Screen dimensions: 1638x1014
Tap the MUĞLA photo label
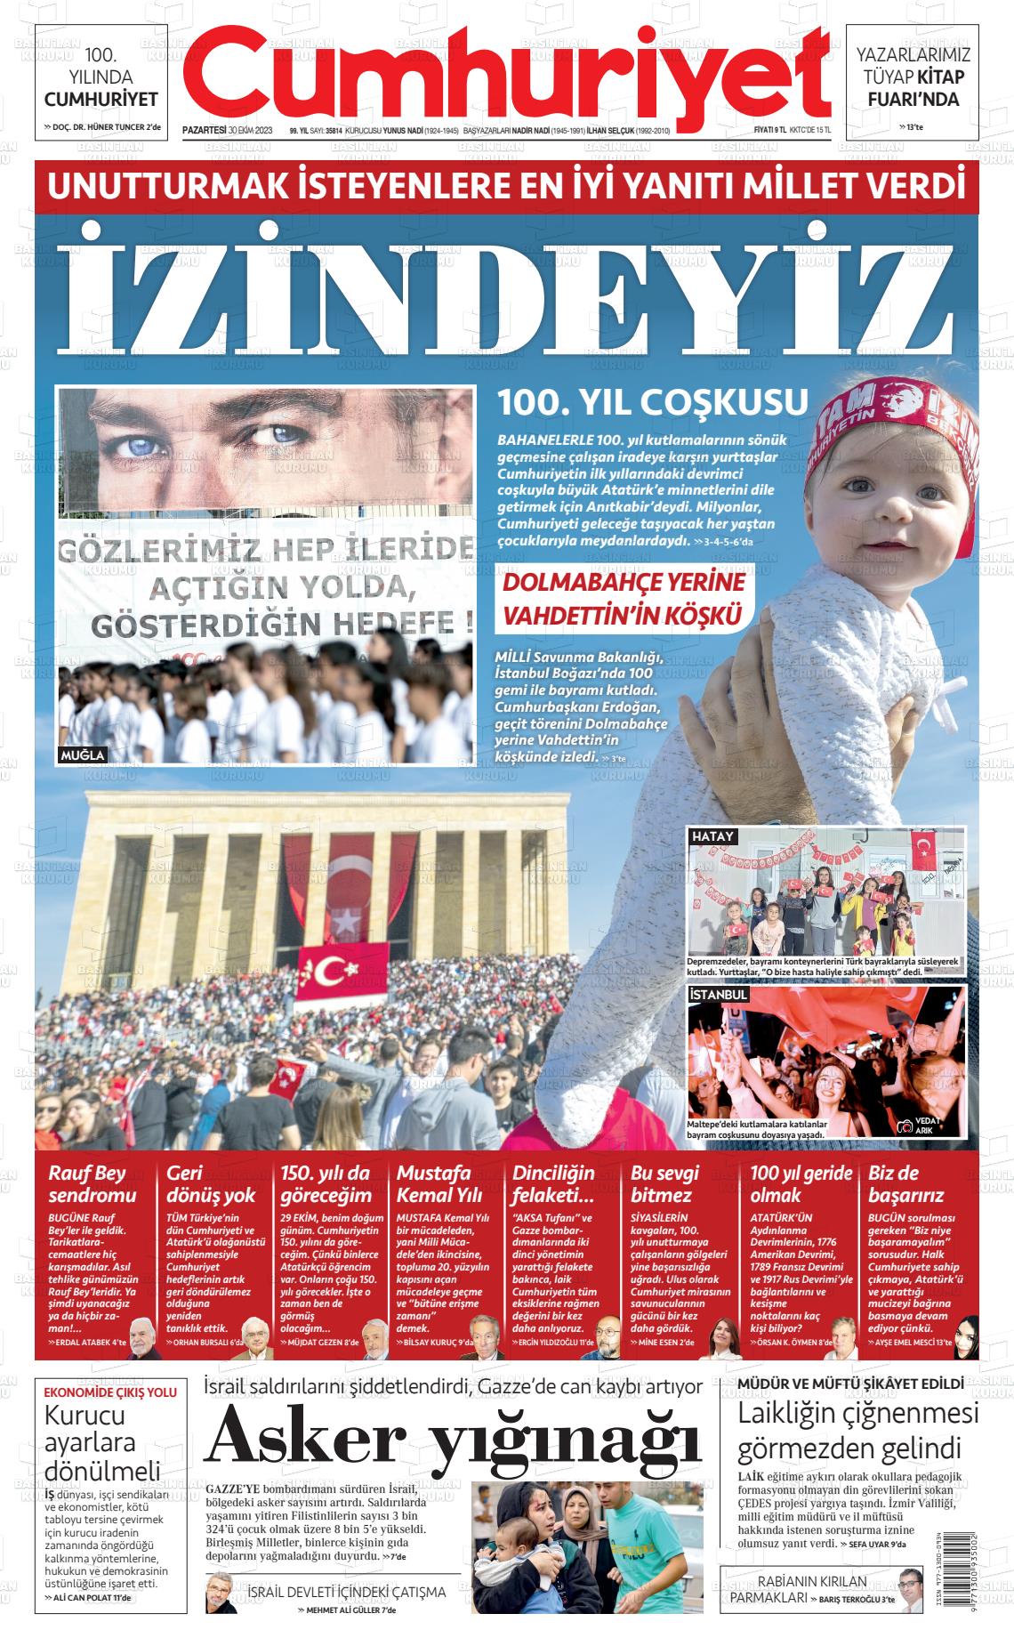pos(83,755)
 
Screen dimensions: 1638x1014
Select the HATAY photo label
pos(712,836)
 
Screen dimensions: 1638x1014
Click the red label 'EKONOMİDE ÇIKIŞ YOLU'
pos(110,1392)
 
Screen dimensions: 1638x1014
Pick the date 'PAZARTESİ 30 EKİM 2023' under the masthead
pos(227,130)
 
